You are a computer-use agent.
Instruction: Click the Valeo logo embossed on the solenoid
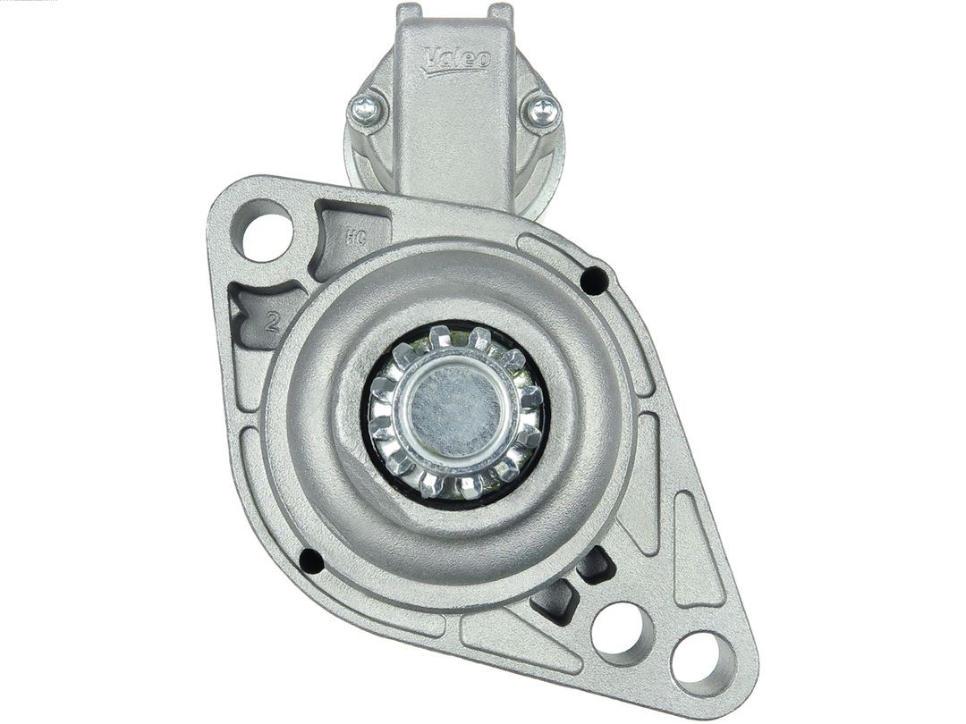tap(457, 59)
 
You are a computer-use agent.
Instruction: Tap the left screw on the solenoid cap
tap(366, 110)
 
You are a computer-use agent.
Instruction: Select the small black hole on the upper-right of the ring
tap(593, 280)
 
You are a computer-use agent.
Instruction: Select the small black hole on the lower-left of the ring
tap(310, 560)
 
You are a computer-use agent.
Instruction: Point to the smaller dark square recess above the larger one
tap(594, 566)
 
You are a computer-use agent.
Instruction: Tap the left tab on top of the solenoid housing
tap(409, 13)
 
